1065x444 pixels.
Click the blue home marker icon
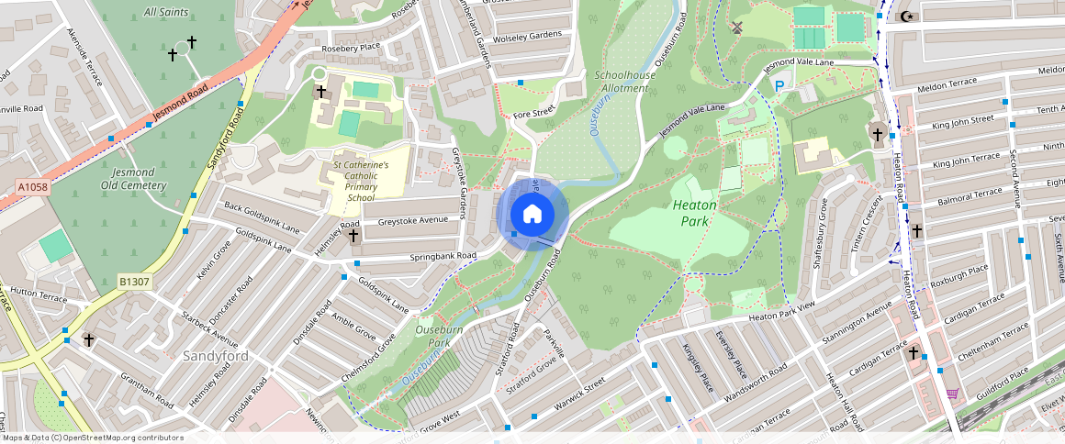[532, 215]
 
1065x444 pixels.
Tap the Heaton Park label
[694, 213]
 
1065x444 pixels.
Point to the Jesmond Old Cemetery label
[133, 179]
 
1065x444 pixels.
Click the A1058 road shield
[32, 187]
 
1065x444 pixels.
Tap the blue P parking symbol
[779, 86]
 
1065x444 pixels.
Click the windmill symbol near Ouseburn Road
[734, 28]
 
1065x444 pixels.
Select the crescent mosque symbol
[908, 16]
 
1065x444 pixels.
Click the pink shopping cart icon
[953, 394]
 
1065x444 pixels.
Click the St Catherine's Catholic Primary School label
[361, 181]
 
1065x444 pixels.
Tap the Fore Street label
[534, 114]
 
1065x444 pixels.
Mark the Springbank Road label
[443, 254]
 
